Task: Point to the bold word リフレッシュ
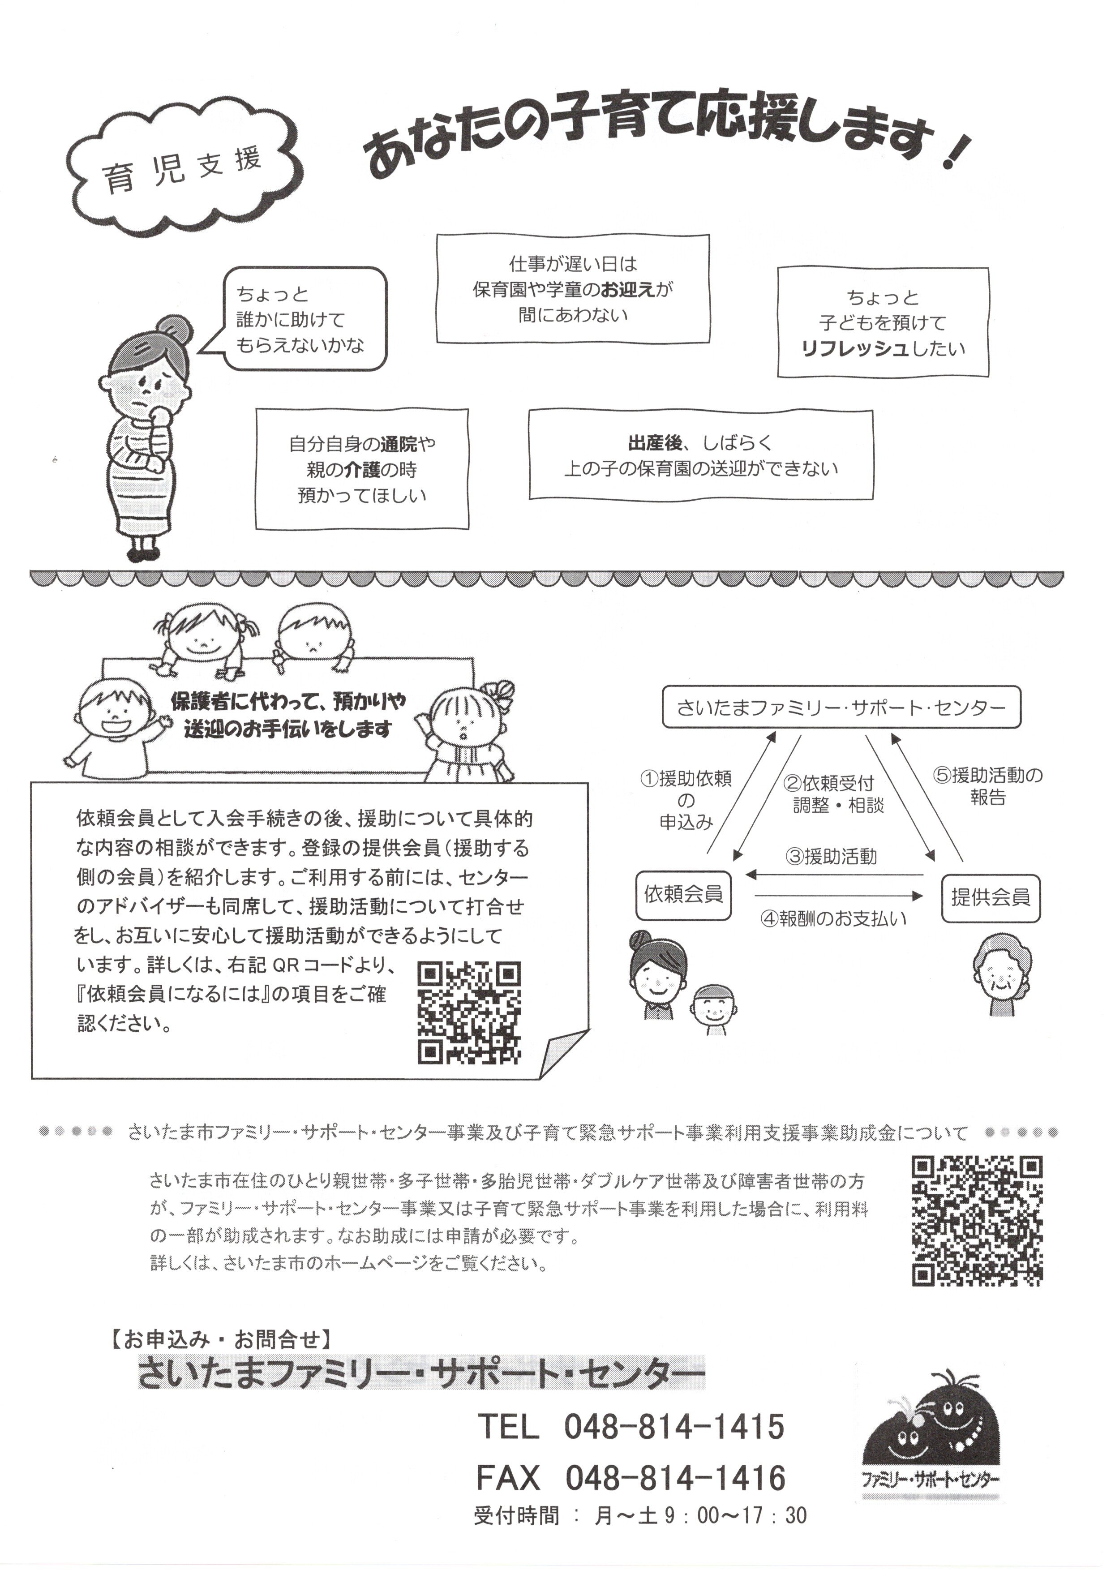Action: tap(855, 349)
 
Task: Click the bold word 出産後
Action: tap(655, 443)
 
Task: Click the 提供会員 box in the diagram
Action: tap(991, 897)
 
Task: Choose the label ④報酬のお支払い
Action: tap(833, 918)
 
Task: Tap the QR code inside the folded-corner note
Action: tap(469, 1012)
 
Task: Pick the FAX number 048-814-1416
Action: tap(675, 1478)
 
